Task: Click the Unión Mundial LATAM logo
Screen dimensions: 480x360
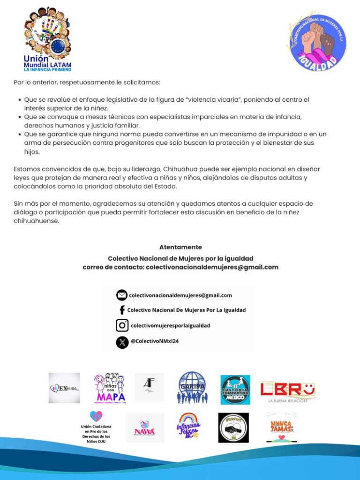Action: pos(47,39)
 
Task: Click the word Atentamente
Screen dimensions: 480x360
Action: pos(180,247)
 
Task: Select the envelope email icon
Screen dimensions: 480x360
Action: pos(122,295)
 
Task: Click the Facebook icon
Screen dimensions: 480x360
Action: pos(122,310)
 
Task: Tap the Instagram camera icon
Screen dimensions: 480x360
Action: pos(122,325)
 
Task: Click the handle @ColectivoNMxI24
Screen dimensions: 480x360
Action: pos(155,341)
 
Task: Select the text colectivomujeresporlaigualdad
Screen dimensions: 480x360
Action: pos(170,325)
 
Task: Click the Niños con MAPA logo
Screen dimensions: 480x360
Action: pos(110,388)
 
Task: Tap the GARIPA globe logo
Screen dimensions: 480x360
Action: pos(191,388)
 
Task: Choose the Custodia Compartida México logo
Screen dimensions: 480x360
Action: pos(235,389)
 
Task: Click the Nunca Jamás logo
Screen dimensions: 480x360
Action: pos(281,427)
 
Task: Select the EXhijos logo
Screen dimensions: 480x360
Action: pos(64,388)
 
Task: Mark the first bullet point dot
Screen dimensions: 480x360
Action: pos(19,100)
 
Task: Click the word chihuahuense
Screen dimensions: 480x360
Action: pos(37,221)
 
